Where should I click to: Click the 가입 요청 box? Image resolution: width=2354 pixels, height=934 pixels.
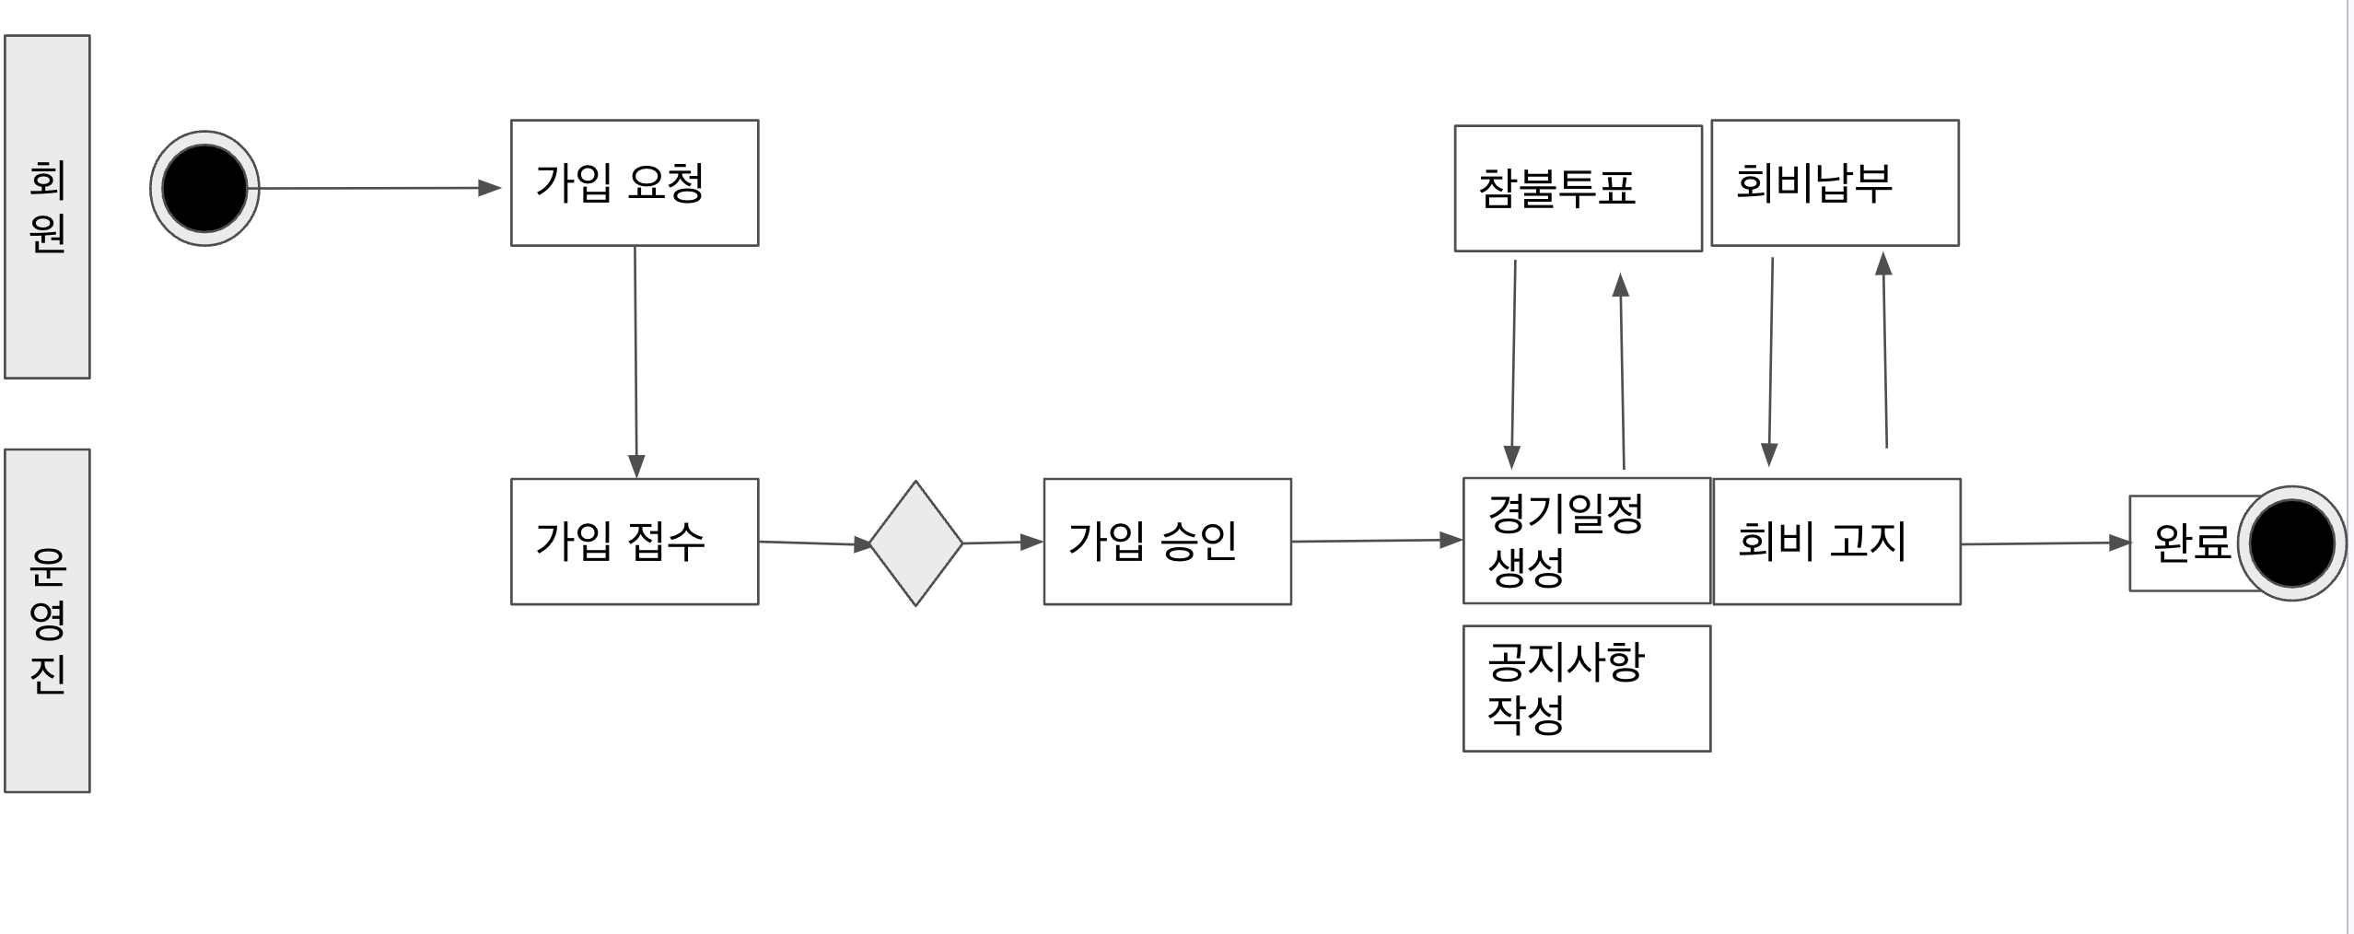[635, 182]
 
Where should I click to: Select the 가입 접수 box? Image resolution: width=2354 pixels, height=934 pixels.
[635, 541]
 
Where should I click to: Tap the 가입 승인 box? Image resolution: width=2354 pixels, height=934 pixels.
[1167, 541]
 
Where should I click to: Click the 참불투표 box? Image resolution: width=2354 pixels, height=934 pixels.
[1578, 188]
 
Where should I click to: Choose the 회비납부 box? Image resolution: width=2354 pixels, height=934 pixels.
[1835, 182]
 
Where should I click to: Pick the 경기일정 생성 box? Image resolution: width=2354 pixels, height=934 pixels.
[1586, 540]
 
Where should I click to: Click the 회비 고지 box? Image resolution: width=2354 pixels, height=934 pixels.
[1836, 541]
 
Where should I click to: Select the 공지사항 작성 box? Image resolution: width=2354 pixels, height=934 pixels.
[1586, 688]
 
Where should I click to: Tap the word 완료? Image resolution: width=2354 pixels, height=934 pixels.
[2190, 543]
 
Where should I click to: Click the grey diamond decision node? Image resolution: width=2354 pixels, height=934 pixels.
[915, 543]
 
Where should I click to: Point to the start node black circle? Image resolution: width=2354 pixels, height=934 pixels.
[204, 188]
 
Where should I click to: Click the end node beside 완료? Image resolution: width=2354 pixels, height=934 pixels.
[2291, 543]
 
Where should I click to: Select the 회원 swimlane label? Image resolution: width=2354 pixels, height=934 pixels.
[47, 206]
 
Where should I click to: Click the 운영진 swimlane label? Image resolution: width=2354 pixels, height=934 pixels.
[47, 620]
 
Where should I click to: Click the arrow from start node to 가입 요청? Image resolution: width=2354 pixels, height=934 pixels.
[378, 188]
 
